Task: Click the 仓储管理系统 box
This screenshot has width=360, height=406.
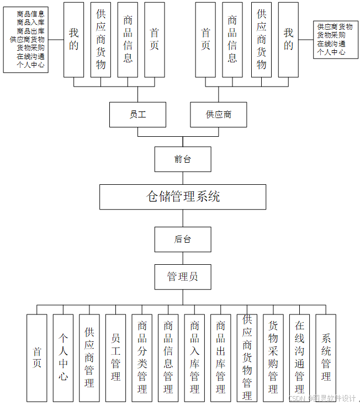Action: tap(183, 197)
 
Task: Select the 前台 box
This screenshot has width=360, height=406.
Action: tap(182, 159)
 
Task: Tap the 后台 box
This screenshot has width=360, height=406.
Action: tap(182, 240)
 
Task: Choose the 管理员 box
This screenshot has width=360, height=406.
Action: tap(182, 277)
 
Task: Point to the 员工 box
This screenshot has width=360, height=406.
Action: tap(137, 115)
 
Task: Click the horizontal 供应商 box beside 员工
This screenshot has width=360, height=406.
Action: tap(219, 115)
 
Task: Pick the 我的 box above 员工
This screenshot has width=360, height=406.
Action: tap(74, 40)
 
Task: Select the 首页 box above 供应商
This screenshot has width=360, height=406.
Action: tap(205, 40)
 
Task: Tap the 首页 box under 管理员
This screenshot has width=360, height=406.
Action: tap(37, 357)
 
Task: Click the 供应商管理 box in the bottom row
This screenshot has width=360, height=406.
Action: tap(89, 357)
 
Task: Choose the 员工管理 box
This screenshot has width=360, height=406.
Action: tap(115, 357)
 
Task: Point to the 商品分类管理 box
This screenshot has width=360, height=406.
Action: tap(142, 357)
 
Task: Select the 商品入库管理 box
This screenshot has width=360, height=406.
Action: tap(194, 357)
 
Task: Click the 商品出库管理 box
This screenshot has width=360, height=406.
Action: tap(220, 357)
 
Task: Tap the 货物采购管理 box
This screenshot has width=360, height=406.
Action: tap(273, 357)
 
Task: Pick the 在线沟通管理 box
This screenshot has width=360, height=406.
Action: tap(299, 357)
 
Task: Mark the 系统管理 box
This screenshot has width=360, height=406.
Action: tap(326, 357)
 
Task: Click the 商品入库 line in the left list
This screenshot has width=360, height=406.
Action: tap(31, 23)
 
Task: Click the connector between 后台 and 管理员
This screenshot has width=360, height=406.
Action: tap(182, 258)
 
